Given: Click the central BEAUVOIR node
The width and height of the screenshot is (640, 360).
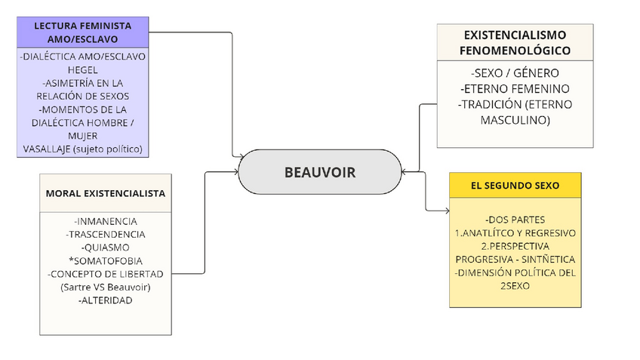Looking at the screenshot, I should (319, 172).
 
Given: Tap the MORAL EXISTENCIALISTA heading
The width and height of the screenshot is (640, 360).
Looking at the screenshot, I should (106, 193).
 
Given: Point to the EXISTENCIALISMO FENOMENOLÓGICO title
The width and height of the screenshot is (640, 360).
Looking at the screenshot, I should (515, 43).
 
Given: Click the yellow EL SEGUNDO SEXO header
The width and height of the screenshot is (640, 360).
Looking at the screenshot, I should (515, 185).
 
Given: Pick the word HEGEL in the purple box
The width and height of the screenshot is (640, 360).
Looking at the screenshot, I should (82, 69).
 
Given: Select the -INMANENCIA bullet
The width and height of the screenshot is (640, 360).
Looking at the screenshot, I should (106, 221).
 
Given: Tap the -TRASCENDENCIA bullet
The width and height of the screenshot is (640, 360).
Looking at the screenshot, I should (106, 234).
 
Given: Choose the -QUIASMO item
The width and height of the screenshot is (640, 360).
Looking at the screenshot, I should (106, 247).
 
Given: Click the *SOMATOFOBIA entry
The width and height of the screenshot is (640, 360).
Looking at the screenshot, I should (106, 260).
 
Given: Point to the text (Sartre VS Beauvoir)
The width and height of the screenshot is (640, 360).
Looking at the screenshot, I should (106, 287).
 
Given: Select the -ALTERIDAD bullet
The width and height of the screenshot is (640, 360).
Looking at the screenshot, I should (106, 300).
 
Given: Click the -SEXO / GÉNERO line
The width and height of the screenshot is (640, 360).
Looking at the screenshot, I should (515, 73).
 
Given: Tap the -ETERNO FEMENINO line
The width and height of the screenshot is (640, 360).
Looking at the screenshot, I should (515, 89).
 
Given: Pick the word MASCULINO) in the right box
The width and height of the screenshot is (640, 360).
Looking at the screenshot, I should (515, 119).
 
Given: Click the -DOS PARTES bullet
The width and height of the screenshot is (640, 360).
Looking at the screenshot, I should (515, 220).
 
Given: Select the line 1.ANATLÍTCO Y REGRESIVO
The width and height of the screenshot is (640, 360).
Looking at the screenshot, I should (515, 232).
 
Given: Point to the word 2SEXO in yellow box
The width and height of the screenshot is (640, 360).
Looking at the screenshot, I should (515, 286).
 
